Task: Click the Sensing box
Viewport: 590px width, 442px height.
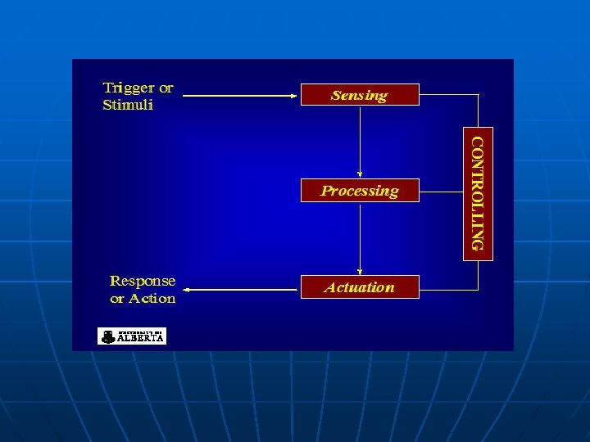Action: coord(360,95)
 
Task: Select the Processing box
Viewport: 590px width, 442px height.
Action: coord(360,191)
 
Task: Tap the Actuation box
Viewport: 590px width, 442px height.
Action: coord(360,287)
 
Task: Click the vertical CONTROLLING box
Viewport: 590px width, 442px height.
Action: coord(479,193)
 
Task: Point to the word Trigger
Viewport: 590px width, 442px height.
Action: coord(127,88)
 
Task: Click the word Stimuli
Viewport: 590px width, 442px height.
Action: coord(128,105)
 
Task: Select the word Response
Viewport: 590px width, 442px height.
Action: coord(143,281)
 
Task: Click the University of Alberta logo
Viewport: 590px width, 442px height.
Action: coord(132,336)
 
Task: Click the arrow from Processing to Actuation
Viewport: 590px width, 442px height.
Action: coord(360,237)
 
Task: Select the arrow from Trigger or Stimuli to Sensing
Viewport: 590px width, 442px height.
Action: coord(238,96)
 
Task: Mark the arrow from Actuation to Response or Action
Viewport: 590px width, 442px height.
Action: coord(242,289)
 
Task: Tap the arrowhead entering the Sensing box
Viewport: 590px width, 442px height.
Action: coord(294,96)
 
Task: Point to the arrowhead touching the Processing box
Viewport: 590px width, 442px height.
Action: coord(360,174)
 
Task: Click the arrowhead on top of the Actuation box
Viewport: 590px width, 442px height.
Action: coord(360,271)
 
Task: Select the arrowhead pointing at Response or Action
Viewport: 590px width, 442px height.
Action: coord(186,289)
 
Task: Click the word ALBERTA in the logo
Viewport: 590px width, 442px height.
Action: coord(141,337)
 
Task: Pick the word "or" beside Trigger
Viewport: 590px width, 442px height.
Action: coord(165,88)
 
